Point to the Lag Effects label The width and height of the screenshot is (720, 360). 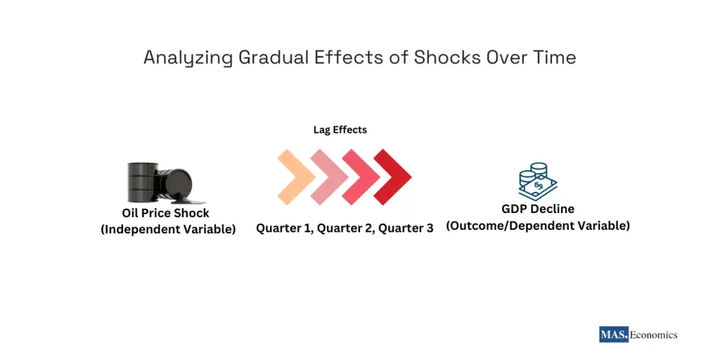[x=340, y=130]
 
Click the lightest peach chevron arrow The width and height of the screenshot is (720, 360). [x=295, y=176]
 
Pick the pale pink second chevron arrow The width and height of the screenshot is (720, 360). [x=328, y=176]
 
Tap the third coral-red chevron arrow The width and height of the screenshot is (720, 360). [x=360, y=176]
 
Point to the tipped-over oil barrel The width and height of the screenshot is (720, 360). [x=174, y=187]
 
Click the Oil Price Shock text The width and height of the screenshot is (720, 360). [x=165, y=213]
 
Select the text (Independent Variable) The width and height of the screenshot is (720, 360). [x=168, y=229]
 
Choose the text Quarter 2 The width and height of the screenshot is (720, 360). [x=345, y=229]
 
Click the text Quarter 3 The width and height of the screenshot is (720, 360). [x=406, y=229]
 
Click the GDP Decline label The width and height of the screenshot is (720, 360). [x=538, y=210]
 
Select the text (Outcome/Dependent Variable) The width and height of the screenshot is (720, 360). [x=538, y=226]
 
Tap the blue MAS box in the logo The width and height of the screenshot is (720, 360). [x=613, y=335]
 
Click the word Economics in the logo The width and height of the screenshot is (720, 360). [x=653, y=335]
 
